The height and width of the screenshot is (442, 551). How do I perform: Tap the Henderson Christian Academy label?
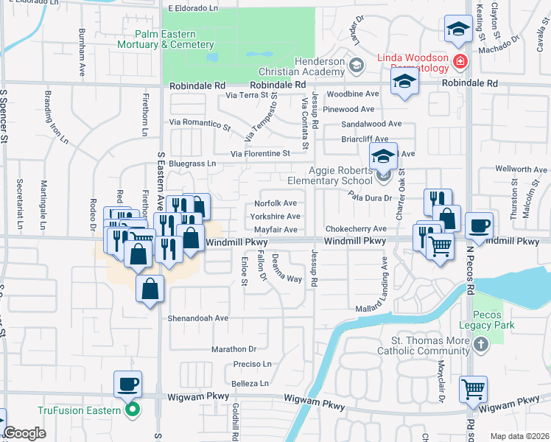point(303,67)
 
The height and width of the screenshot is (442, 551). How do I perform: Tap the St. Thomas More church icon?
point(480,344)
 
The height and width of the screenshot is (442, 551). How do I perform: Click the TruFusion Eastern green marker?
point(133,410)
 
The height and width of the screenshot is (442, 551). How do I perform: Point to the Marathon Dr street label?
point(234,348)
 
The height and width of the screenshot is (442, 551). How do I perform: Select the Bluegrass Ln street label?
point(192,163)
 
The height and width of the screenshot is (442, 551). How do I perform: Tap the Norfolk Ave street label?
point(275,203)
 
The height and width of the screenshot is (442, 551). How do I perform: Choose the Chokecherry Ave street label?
point(356,229)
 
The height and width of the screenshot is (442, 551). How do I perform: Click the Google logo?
point(24,433)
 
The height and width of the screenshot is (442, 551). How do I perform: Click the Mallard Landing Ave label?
point(384,284)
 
